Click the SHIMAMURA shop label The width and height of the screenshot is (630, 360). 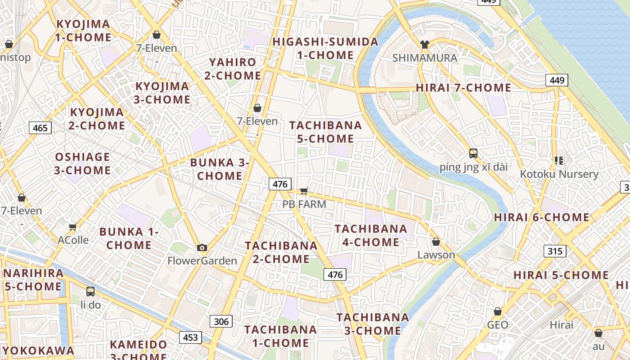point(424,58)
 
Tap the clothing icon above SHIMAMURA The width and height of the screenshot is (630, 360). point(424,45)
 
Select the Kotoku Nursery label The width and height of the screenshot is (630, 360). point(559,174)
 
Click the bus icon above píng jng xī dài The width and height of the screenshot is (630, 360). point(473,153)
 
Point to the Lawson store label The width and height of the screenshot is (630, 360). point(436,255)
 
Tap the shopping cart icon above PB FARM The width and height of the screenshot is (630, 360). point(304,191)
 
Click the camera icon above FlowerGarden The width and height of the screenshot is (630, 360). point(202,247)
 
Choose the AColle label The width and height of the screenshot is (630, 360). point(73,239)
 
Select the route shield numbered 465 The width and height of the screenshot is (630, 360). point(40,128)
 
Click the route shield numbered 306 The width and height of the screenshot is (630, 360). point(221,321)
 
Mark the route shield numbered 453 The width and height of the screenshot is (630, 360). point(190,337)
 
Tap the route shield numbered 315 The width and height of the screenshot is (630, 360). point(555,251)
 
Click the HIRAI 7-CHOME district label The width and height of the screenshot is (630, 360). point(463,88)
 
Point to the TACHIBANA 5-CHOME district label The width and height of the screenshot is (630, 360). point(325,132)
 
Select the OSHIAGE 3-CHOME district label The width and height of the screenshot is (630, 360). point(82,163)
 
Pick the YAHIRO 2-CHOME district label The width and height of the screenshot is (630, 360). point(233,69)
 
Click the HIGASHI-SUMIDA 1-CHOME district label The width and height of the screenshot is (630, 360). point(325,49)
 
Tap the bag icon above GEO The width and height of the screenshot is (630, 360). point(498,311)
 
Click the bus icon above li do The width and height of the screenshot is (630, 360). point(90,291)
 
